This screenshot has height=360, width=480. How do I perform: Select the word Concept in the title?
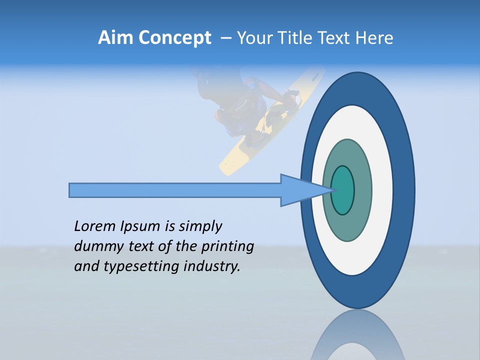click(174, 38)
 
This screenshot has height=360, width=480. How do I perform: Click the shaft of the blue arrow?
click(175, 190)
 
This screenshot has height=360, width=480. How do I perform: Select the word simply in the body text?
click(200, 226)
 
